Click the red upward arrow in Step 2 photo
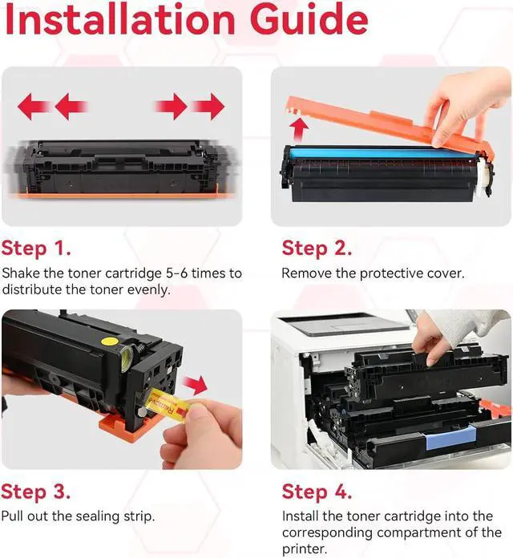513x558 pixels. click(x=301, y=127)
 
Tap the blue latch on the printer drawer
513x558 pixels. click(x=445, y=439)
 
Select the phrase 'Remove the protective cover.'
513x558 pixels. click(x=373, y=273)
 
